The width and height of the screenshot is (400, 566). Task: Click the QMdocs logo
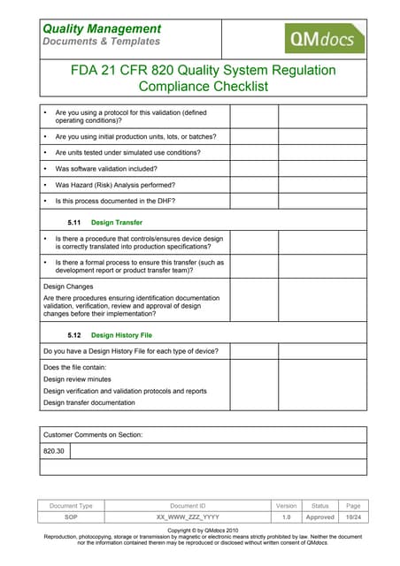click(322, 39)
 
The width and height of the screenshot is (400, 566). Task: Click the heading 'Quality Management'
click(102, 29)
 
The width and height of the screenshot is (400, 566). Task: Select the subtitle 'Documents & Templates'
click(102, 42)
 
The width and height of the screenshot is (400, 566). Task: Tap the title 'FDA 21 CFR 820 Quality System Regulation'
click(203, 71)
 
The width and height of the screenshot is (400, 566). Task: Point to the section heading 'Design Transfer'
click(117, 222)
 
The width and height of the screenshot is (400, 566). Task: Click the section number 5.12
click(74, 335)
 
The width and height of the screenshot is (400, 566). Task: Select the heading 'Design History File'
click(128, 335)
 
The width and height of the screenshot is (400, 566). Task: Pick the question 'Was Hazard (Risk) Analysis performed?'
click(115, 184)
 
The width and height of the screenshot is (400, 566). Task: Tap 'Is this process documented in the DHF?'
click(115, 201)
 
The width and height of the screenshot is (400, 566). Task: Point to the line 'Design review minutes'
click(84, 379)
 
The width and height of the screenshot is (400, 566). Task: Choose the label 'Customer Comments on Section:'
click(93, 434)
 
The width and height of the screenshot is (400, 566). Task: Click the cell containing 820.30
click(54, 451)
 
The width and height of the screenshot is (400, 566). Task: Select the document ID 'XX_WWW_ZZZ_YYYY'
click(188, 516)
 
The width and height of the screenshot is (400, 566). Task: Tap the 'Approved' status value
click(319, 516)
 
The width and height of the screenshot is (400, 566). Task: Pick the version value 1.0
click(286, 516)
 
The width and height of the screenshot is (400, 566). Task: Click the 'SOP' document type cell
click(71, 516)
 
